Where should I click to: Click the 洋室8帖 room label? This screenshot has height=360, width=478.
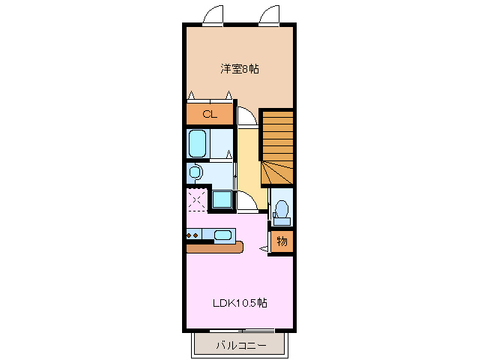[x=240, y=69]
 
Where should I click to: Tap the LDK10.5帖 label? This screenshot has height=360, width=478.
[x=240, y=303]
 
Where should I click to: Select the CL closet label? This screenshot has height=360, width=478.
[x=209, y=115]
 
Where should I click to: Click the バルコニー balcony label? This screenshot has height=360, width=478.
[x=240, y=346]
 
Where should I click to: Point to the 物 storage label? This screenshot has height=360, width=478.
[x=282, y=241]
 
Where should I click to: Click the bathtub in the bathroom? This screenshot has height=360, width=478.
[x=198, y=142]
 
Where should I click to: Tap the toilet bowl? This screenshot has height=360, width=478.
[x=282, y=209]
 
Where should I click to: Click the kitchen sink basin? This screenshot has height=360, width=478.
[x=223, y=235]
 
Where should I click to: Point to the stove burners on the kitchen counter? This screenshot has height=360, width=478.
[x=192, y=235]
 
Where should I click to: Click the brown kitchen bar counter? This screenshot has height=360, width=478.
[x=214, y=247]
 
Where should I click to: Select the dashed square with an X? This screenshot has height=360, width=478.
[x=198, y=200]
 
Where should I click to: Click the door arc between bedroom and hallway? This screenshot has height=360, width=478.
[x=245, y=116]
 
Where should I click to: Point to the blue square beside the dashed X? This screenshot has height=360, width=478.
[x=222, y=199]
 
